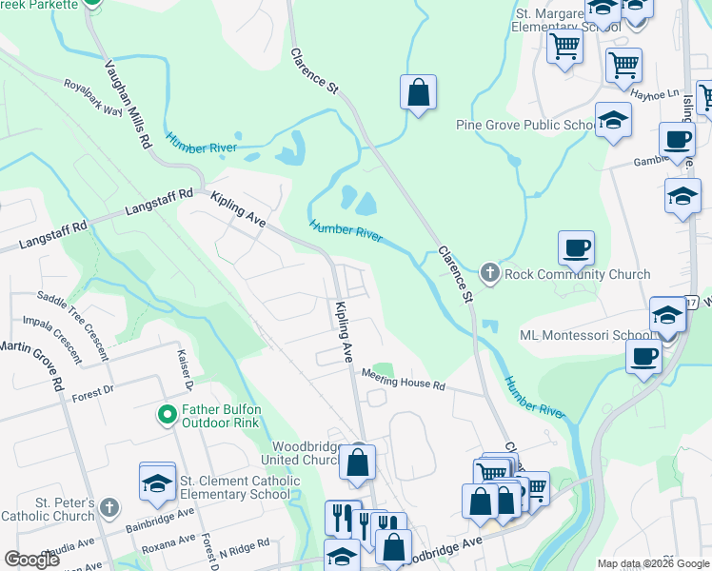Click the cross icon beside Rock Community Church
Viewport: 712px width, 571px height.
click(x=490, y=274)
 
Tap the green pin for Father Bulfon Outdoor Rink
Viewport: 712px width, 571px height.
click(x=168, y=415)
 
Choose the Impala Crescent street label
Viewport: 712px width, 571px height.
click(x=58, y=340)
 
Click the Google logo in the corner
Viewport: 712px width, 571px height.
click(x=31, y=559)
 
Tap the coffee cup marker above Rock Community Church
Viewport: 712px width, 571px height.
click(x=576, y=248)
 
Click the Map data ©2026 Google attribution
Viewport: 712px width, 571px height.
click(x=653, y=563)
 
